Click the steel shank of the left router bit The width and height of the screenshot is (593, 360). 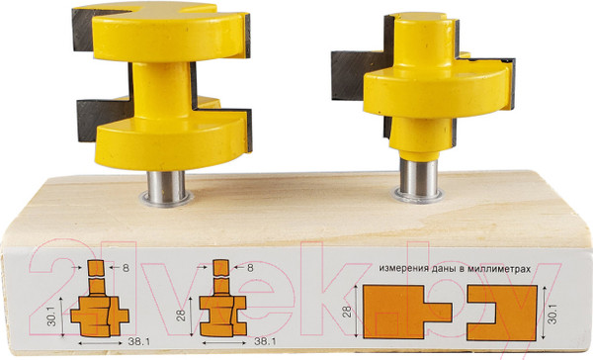pyautogui.click(x=166, y=187)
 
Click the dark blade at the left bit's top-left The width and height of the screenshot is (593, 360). pyautogui.click(x=84, y=31)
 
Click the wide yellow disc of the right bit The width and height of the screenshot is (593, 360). pyautogui.click(x=439, y=92)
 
